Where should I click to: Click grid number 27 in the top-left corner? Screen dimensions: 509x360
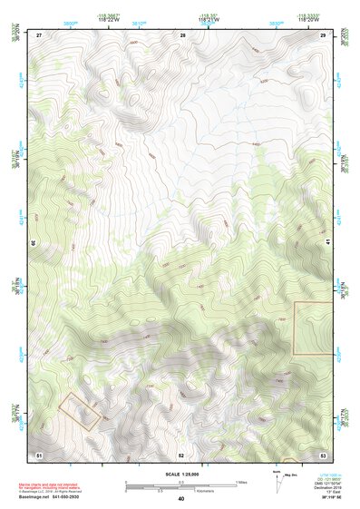tap(40, 34)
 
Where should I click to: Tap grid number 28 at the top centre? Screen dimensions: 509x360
tap(182, 34)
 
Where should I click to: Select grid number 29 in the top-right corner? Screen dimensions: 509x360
tap(324, 34)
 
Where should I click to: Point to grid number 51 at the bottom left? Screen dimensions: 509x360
tap(39, 453)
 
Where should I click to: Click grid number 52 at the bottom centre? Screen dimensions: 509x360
tap(181, 454)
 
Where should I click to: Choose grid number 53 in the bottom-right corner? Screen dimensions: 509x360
tap(324, 453)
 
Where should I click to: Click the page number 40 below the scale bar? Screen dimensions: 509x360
tap(180, 498)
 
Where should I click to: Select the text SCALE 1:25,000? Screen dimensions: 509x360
tap(180, 475)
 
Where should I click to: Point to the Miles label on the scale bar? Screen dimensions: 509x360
tap(241, 481)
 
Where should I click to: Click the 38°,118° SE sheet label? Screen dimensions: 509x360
tap(321, 497)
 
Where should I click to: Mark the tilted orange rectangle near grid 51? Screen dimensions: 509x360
tap(79, 410)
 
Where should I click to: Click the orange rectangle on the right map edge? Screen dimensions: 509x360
tap(314, 328)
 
